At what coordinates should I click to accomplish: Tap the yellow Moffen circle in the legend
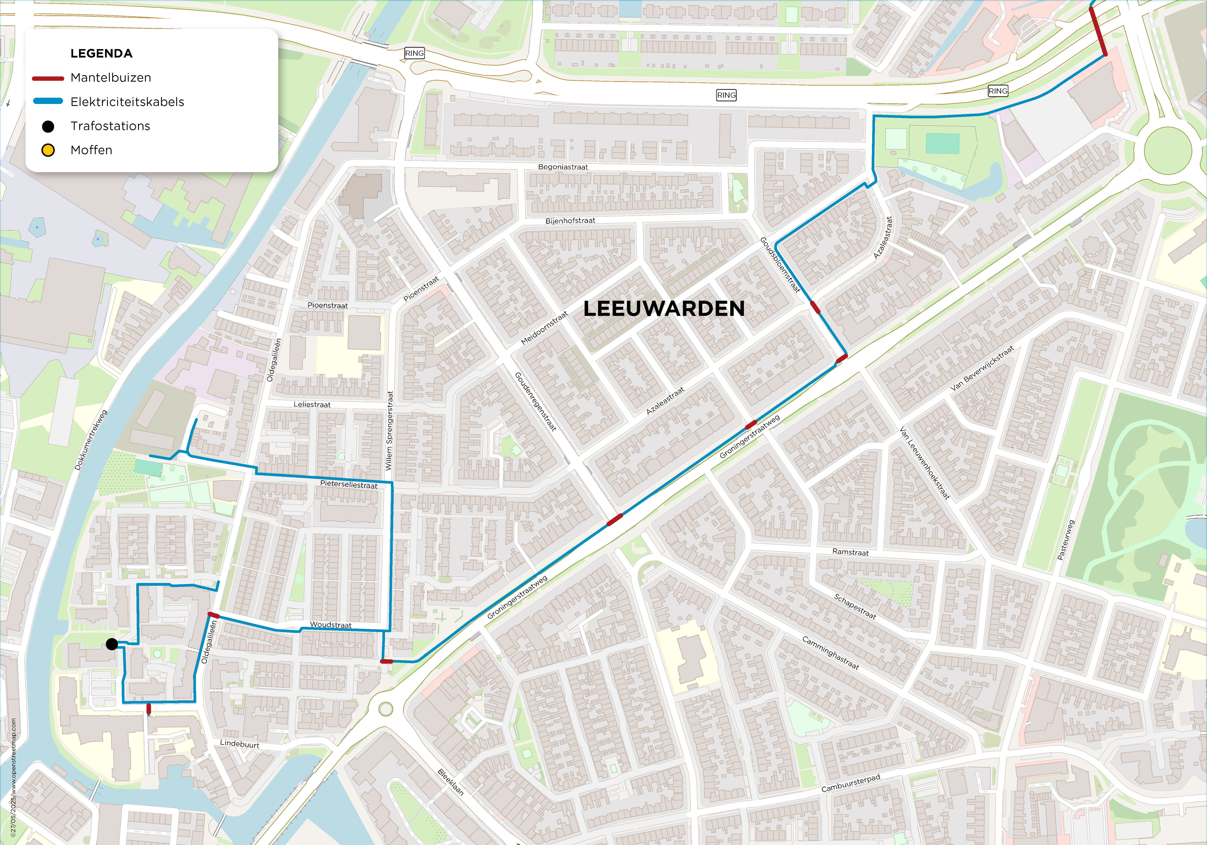[x=48, y=150]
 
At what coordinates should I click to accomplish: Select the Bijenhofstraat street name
[x=570, y=221]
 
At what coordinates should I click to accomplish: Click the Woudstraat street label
[x=331, y=625]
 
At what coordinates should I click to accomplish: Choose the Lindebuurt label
[x=240, y=744]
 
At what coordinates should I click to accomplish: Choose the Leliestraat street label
[x=312, y=404]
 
